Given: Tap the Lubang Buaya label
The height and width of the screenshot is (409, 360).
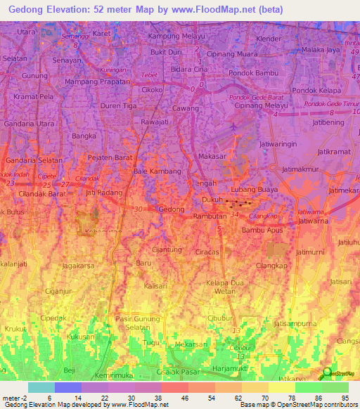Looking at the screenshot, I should (x=255, y=190).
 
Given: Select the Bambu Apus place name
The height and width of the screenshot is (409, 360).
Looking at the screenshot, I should (x=261, y=230).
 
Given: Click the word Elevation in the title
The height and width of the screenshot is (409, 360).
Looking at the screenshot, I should (x=86, y=8).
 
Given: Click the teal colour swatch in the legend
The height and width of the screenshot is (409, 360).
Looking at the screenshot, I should (x=41, y=387).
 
